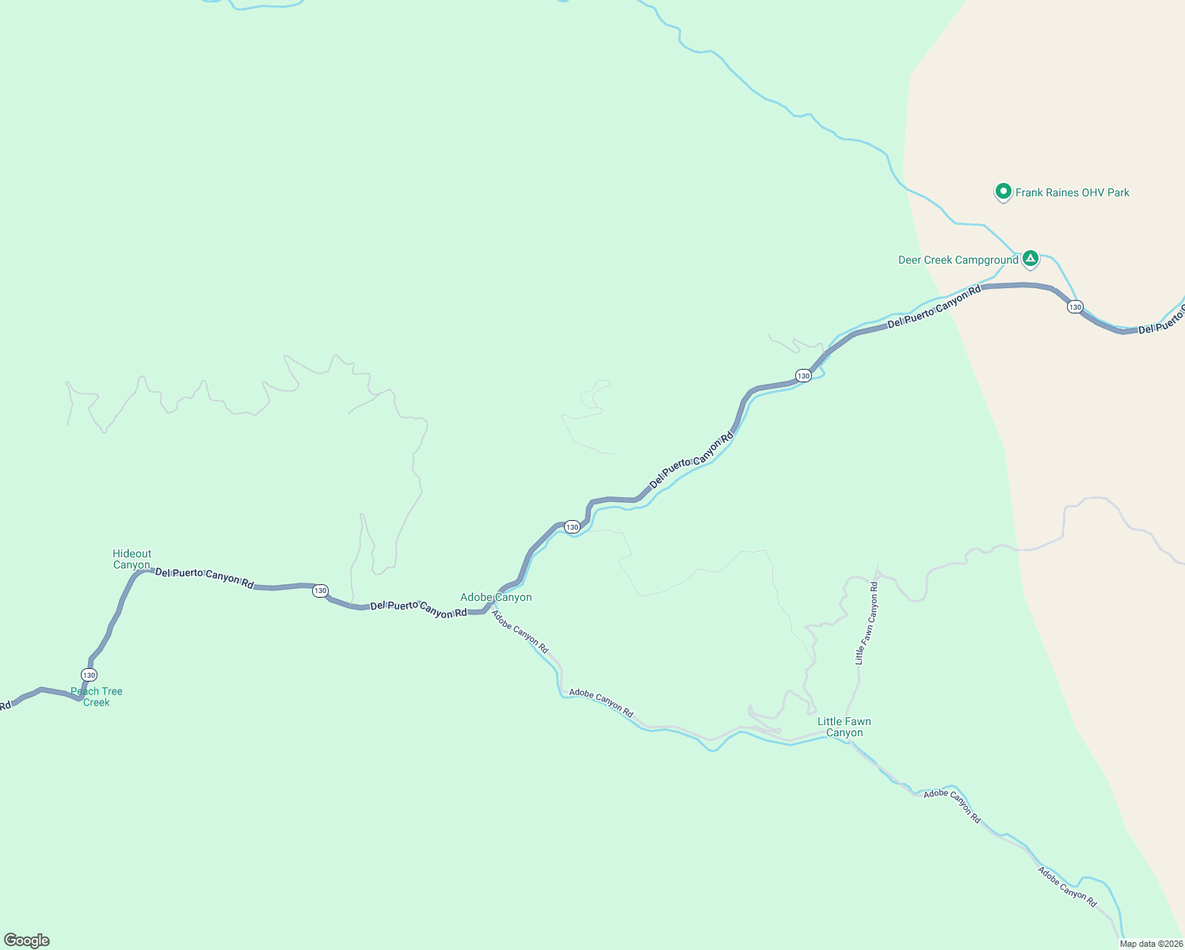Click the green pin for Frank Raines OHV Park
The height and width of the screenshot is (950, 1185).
[1003, 192]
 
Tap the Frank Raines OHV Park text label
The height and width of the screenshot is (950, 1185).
[1072, 192]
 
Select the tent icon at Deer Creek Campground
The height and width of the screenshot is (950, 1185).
[1030, 258]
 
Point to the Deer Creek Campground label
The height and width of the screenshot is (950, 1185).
[958, 260]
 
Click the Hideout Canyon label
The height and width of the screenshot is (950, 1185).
[131, 559]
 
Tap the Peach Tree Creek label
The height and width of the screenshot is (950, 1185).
[97, 697]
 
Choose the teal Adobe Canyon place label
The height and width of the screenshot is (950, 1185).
[496, 597]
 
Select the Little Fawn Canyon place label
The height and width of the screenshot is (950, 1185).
[844, 727]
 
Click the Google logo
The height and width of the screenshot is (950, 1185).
[26, 940]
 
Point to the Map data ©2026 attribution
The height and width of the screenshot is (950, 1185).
[1151, 944]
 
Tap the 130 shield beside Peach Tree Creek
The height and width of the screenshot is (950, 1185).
[89, 674]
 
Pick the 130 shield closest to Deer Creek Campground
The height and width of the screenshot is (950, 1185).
[1074, 306]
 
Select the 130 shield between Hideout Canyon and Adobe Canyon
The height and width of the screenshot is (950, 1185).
[319, 591]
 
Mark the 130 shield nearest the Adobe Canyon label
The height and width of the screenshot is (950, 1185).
[572, 526]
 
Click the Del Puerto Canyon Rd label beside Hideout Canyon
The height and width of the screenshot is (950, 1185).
[204, 578]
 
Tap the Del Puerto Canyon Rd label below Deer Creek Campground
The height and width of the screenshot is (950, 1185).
[934, 306]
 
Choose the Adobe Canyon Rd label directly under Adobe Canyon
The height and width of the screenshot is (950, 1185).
[520, 631]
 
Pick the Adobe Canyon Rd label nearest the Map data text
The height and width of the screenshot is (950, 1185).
[1067, 887]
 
